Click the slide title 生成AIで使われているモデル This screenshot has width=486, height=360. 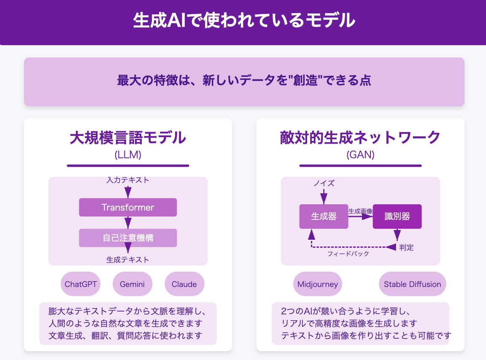(243, 21)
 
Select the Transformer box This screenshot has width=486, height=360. (128, 207)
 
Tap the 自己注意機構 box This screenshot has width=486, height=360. (128, 238)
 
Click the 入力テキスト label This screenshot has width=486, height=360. (128, 180)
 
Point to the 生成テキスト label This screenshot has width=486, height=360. (128, 260)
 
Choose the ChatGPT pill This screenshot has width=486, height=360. (81, 284)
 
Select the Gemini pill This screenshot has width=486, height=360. (132, 284)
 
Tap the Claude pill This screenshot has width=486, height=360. (184, 284)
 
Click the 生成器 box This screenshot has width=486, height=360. (324, 217)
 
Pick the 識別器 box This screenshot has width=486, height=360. (397, 217)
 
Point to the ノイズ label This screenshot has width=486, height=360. (324, 183)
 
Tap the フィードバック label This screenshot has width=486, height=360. (348, 254)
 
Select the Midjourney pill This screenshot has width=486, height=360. (317, 284)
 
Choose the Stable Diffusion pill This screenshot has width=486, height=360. (412, 284)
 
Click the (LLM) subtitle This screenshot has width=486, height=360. (128, 155)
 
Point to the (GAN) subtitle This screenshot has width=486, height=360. (360, 155)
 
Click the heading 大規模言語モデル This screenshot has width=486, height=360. (128, 138)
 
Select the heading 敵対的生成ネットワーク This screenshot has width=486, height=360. (360, 138)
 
